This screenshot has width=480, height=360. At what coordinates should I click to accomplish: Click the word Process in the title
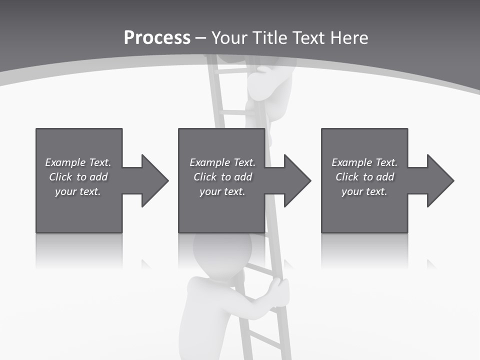click(157, 38)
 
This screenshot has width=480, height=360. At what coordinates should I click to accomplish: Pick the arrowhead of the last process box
click(439, 180)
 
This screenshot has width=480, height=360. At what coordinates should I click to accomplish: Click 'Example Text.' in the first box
click(78, 162)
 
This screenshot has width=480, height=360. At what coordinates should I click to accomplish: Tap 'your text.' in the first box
click(78, 191)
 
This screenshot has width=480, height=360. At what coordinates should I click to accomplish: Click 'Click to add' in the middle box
click(222, 177)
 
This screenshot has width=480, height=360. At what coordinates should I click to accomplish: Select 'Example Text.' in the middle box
click(222, 162)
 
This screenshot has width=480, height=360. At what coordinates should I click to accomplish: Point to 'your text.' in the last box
click(364, 191)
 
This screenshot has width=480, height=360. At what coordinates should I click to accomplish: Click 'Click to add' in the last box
click(364, 177)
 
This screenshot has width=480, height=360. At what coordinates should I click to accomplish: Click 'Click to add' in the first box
click(78, 177)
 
